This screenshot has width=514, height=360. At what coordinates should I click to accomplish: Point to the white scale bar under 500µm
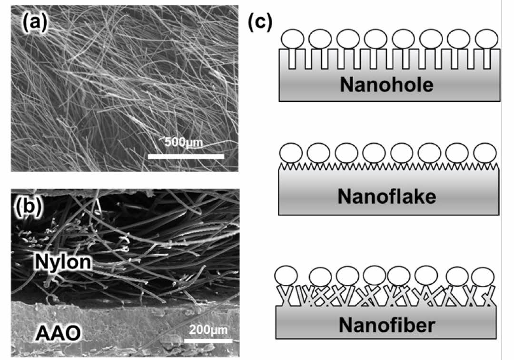(x=186, y=156)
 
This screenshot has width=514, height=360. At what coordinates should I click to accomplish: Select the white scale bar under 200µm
(x=208, y=340)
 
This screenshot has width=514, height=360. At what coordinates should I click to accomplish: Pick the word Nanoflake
(x=387, y=196)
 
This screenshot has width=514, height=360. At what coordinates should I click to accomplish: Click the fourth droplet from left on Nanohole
(x=375, y=39)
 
